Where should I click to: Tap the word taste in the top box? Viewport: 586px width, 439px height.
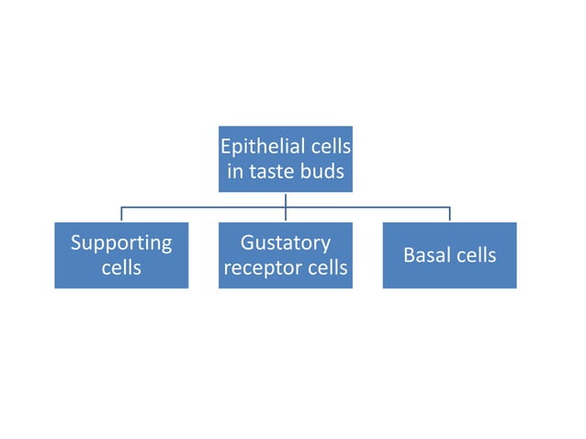point(276,172)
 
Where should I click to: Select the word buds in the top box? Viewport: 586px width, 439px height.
point(322,172)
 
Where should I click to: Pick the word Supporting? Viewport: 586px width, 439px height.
point(121,243)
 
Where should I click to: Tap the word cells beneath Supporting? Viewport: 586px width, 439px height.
point(121,267)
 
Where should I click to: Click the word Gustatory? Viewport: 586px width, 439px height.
point(285,243)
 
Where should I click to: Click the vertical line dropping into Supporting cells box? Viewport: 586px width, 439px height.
point(121,215)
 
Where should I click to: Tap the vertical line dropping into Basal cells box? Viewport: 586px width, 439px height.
point(449,215)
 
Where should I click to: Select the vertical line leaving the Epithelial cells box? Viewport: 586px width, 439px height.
point(286,199)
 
